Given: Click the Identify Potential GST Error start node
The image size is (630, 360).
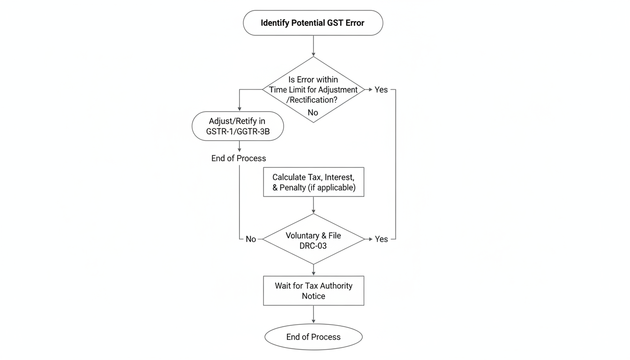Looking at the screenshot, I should coord(313,22).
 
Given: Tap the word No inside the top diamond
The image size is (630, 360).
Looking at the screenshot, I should coord(313,112).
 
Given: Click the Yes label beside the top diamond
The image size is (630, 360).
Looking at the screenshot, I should coord(381,90).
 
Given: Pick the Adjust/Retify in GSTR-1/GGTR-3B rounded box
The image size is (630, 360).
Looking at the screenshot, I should coord(238,126).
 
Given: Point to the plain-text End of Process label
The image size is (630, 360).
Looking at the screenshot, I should coord(238,158).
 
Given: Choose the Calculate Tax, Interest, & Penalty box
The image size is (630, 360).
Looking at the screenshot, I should coord(313,182).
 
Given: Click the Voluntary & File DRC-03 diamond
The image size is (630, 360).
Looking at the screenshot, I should coord(313,240).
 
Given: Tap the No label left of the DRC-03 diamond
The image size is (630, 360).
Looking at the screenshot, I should coord(251,240).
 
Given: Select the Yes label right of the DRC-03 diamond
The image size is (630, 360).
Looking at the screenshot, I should coord(381,240).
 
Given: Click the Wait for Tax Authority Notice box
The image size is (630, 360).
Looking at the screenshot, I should coord(313,291).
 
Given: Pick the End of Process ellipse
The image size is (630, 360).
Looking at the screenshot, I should coord(313,337).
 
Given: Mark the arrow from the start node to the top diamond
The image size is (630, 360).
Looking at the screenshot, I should coord(313,46).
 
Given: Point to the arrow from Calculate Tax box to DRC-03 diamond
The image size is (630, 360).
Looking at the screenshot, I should coord(313,205).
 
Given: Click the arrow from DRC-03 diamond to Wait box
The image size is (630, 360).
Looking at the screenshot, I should coord(313,270).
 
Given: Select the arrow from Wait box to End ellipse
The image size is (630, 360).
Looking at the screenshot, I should coord(313,315).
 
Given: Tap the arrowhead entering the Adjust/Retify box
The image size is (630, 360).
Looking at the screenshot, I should coord(240,108).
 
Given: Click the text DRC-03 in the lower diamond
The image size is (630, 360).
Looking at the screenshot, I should coord(313,246).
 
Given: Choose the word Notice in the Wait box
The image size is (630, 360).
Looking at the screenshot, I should coord(313,296).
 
